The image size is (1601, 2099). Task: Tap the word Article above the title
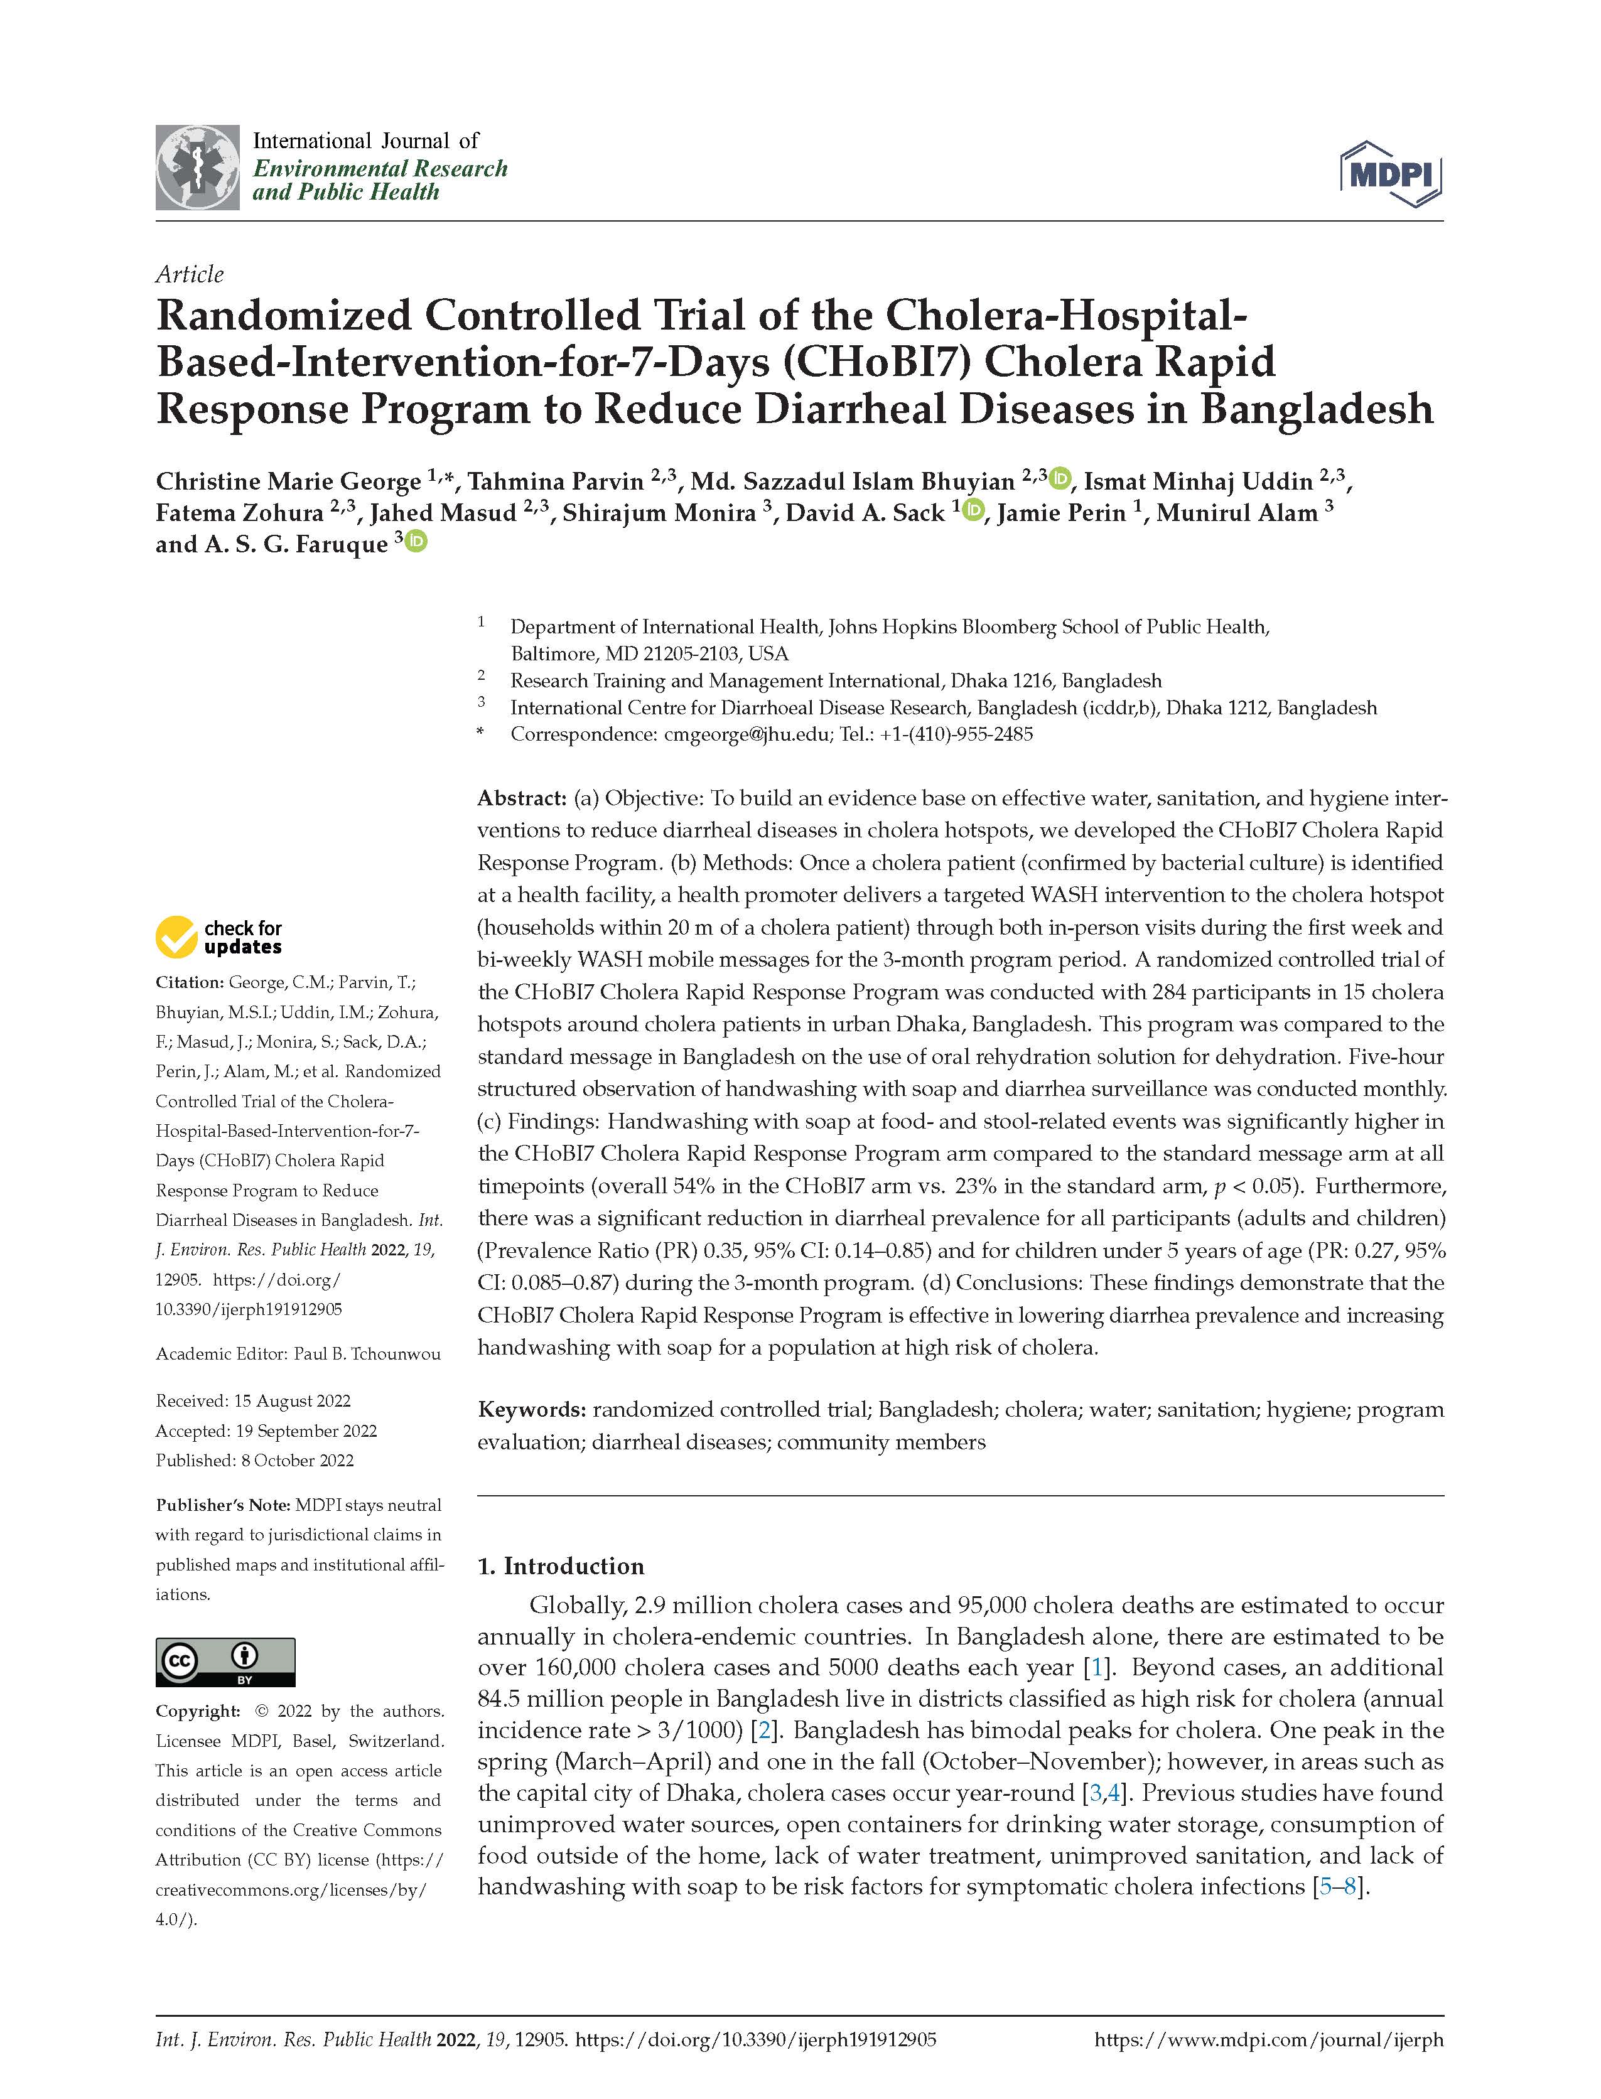click(190, 274)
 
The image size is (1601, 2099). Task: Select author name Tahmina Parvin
click(554, 481)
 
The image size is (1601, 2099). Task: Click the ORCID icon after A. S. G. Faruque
click(418, 542)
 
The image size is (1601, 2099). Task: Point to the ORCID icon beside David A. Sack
click(974, 511)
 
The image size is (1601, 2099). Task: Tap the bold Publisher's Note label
click(223, 1505)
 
